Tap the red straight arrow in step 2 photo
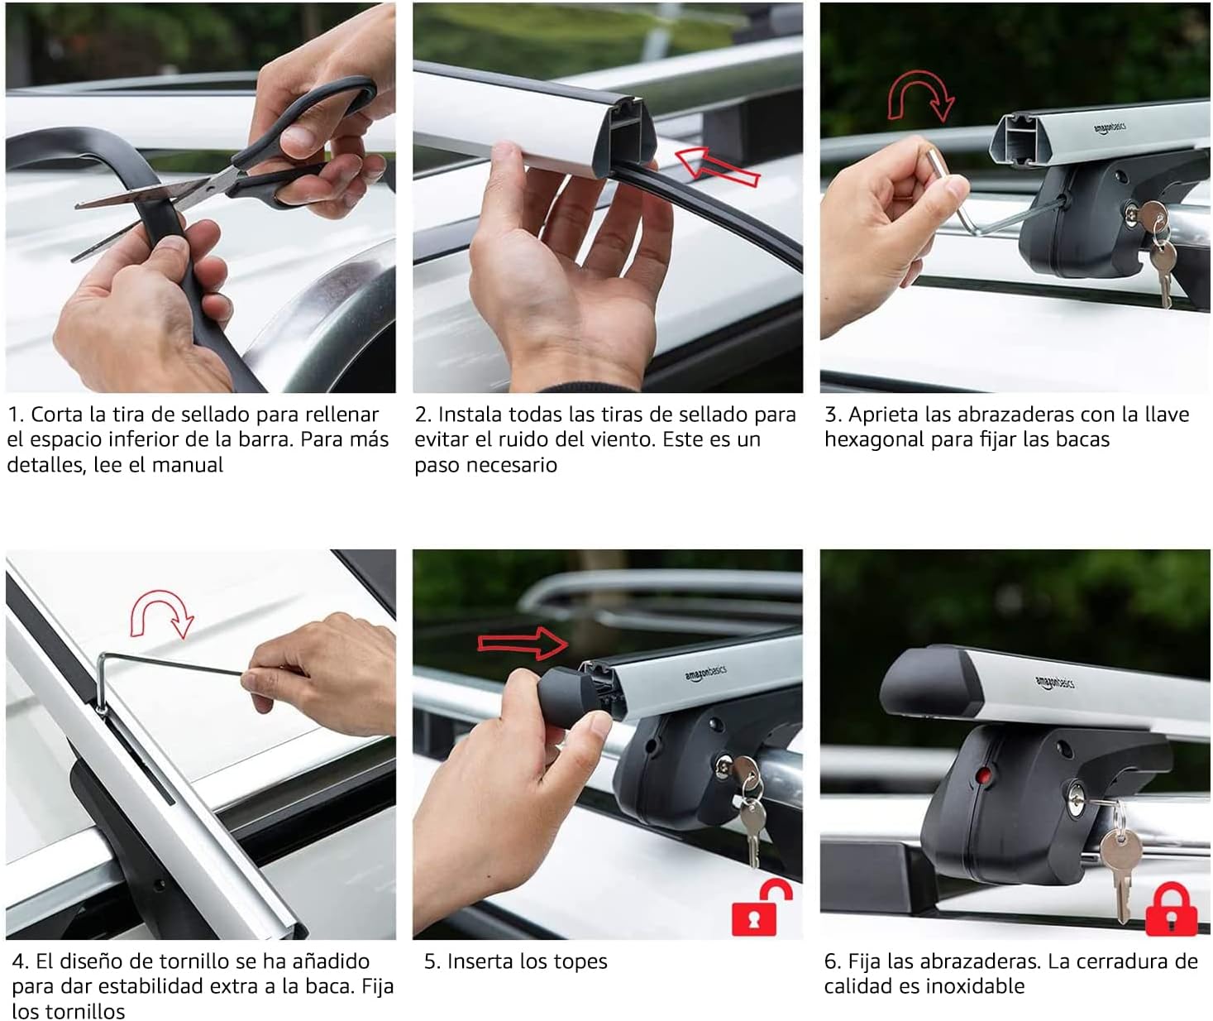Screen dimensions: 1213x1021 point(718,167)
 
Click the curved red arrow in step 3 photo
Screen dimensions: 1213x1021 point(921,96)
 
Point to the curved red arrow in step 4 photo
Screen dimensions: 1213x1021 point(161,613)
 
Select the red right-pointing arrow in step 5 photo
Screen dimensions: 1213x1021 point(522,643)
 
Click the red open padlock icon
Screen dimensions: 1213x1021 point(761,907)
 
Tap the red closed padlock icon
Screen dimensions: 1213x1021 point(1171,908)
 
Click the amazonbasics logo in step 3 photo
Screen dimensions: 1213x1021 point(1110,128)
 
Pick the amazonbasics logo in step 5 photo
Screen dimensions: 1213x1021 point(705,673)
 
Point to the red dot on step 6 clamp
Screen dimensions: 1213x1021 point(983,775)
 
